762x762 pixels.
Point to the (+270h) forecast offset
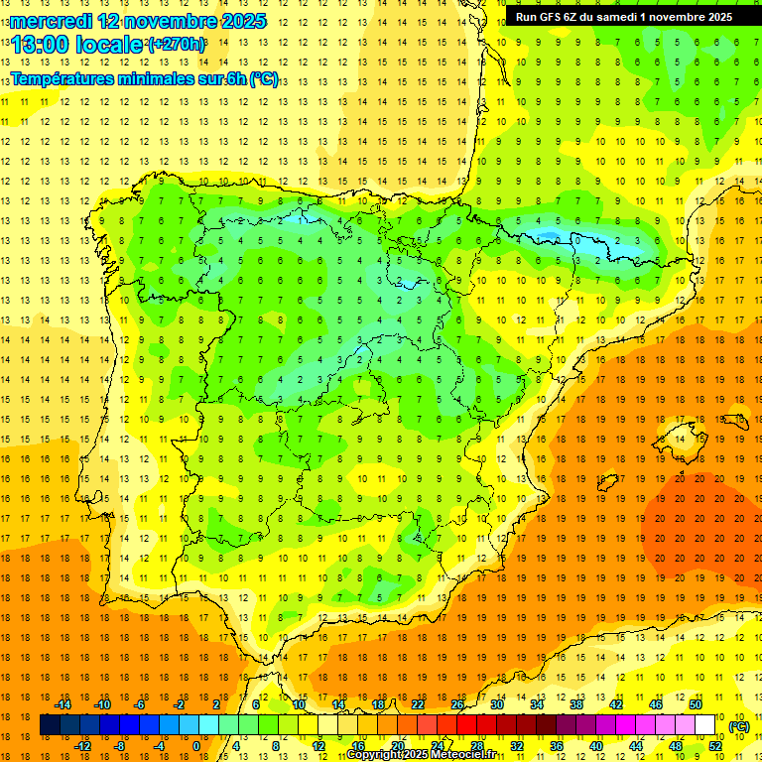pos(176,45)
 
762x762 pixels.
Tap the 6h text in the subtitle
pos(237,79)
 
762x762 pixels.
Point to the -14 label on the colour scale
pos(63,704)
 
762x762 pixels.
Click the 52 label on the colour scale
pos(715,746)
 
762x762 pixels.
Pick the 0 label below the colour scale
pos(195,746)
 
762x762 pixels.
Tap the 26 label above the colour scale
pos(457,704)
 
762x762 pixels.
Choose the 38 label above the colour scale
pos(575,704)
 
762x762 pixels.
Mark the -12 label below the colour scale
pos(83,746)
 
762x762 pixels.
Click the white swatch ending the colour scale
pos(704,725)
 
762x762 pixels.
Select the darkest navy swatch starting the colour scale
pos(50,725)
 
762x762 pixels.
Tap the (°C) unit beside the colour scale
pos(738,726)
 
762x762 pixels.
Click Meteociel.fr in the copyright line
pos(458,755)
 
